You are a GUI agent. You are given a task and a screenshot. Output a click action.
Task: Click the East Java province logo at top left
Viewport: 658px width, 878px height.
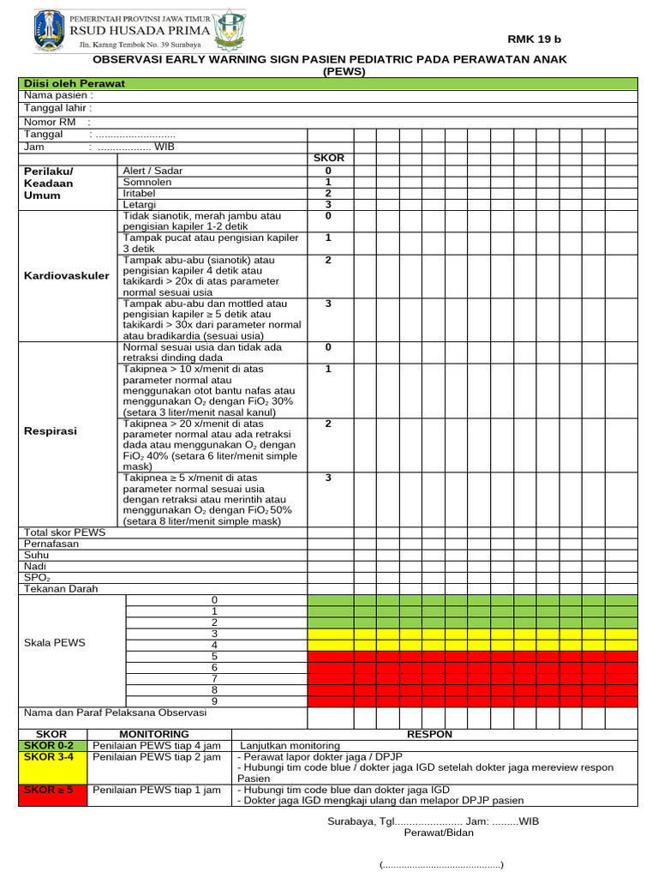[x=49, y=30]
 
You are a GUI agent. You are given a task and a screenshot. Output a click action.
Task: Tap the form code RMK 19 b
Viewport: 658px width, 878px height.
[x=535, y=39]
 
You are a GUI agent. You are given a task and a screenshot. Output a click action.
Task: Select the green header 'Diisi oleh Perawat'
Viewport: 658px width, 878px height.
[x=74, y=83]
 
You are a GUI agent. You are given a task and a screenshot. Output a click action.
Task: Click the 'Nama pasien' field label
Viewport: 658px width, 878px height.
[x=58, y=96]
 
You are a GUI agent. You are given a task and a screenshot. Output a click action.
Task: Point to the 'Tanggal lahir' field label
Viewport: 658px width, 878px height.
[x=58, y=109]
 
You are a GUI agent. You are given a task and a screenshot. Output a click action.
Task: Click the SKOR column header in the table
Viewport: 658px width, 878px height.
[x=329, y=159]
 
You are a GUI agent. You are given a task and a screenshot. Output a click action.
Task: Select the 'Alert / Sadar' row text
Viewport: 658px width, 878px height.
[x=153, y=171]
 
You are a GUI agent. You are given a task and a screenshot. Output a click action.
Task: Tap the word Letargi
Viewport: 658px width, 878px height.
[x=140, y=205]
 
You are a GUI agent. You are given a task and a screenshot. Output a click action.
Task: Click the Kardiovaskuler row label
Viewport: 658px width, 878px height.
[x=66, y=276]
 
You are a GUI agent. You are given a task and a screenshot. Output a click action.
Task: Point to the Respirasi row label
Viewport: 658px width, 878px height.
[x=50, y=431]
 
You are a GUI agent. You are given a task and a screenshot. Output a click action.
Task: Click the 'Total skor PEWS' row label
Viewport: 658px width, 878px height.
[x=65, y=532]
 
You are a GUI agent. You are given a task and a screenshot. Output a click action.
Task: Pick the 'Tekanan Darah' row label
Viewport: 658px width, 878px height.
[x=61, y=589]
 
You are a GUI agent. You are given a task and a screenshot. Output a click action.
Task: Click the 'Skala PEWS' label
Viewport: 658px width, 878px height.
[x=55, y=642]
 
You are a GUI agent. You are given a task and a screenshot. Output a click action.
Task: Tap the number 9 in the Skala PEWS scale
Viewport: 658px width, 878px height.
[x=215, y=701]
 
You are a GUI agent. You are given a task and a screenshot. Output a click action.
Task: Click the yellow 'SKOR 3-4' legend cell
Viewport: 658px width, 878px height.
[x=50, y=757]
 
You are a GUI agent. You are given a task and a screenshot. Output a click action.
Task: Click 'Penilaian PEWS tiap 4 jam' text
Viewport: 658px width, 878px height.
[x=156, y=745]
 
